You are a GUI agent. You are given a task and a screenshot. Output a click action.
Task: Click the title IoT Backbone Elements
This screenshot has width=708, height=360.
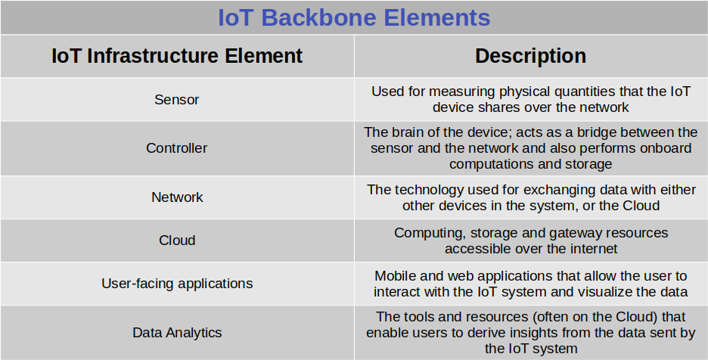point(354,17)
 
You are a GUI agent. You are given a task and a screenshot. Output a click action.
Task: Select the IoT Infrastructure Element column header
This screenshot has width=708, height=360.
point(177,56)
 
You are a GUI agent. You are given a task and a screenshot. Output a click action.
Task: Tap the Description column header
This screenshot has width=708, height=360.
point(530,56)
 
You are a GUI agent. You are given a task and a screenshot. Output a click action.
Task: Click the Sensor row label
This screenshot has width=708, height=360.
point(176,99)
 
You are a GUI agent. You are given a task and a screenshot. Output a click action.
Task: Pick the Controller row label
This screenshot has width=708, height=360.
point(176,148)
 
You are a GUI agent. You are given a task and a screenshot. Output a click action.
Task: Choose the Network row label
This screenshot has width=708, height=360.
point(177,197)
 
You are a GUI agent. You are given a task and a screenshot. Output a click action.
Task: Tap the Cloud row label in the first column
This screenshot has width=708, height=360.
point(177,241)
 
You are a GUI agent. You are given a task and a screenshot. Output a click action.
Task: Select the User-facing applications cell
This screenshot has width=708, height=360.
point(177,284)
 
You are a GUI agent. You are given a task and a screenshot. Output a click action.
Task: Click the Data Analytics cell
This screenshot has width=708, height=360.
point(177,333)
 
